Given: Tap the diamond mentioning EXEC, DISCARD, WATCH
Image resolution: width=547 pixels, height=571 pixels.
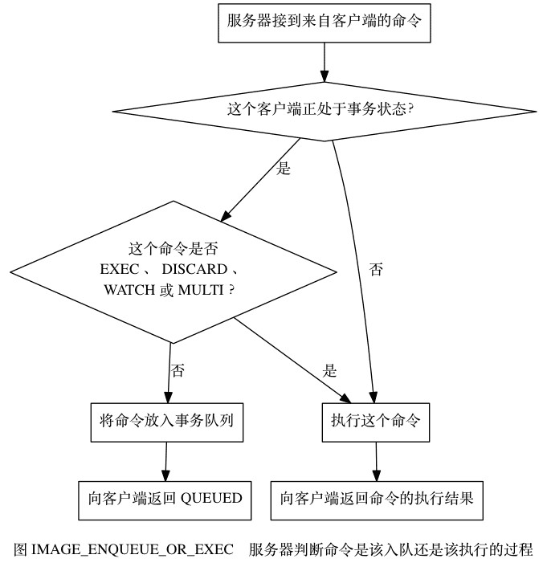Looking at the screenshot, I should (169, 271).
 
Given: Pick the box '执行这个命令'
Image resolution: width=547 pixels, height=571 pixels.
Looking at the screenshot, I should (376, 418).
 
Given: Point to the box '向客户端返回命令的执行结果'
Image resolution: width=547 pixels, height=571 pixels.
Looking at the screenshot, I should (377, 498).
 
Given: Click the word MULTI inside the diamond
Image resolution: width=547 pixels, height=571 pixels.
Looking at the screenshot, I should (206, 290).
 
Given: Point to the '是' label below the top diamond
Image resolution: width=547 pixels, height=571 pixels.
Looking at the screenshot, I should (283, 169).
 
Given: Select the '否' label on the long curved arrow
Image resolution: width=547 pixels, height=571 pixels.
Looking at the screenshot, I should (375, 270).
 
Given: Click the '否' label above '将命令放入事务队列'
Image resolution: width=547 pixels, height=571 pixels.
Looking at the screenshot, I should (178, 371).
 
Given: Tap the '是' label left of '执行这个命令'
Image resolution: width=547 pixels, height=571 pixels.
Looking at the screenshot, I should (329, 371).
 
